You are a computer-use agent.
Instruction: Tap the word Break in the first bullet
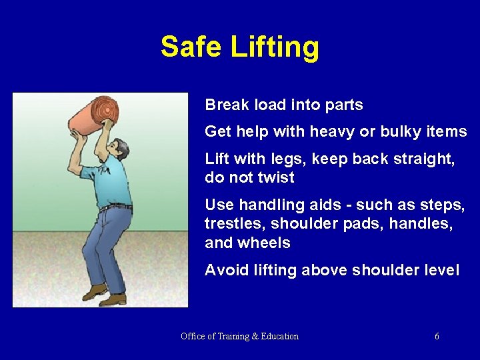[x=225, y=105]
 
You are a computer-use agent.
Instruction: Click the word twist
[x=275, y=178]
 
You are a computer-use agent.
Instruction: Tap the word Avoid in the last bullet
[x=225, y=270]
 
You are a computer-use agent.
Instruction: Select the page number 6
[x=437, y=337]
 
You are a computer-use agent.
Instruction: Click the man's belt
[x=115, y=207]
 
